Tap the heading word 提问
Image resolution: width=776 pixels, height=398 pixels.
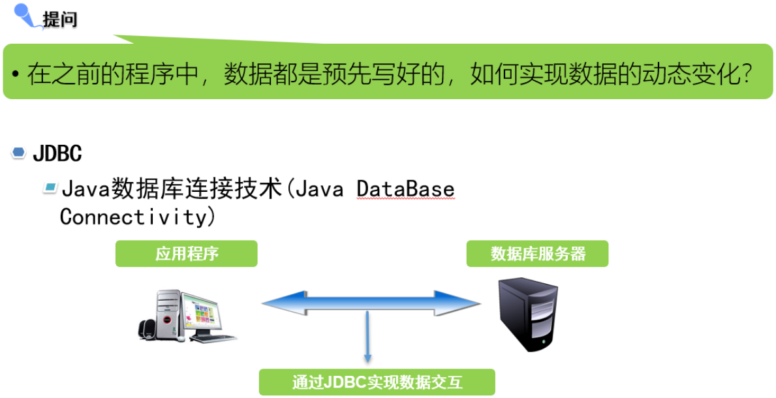tap(60, 20)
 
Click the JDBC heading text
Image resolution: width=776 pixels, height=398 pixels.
tap(57, 154)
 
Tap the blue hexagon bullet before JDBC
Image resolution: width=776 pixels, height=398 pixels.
tap(19, 153)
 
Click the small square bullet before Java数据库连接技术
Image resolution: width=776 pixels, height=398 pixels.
tap(50, 189)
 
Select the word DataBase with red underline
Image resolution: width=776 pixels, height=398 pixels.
tap(405, 190)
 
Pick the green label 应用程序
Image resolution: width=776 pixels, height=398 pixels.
tap(187, 254)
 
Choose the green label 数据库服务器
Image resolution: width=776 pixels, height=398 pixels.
tap(537, 254)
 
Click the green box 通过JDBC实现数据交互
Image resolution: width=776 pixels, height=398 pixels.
tap(377, 382)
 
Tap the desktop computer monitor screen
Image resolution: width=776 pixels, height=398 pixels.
tap(204, 312)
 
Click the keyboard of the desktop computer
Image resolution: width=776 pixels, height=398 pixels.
tap(212, 337)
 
